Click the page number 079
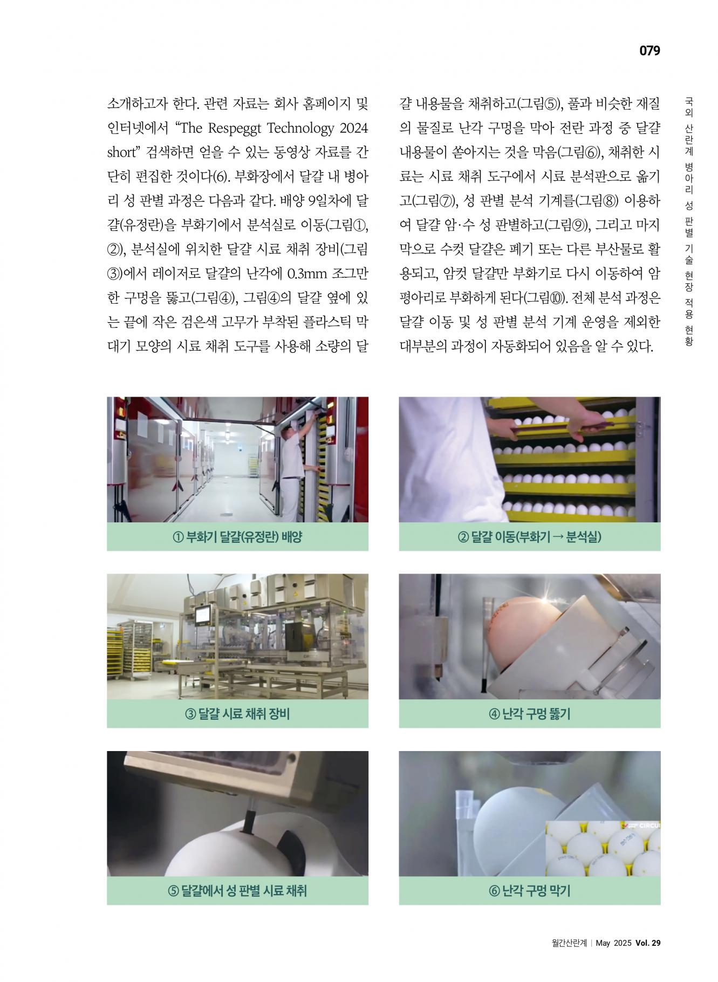(x=649, y=51)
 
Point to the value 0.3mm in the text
(x=307, y=274)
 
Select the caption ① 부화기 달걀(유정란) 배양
(x=237, y=537)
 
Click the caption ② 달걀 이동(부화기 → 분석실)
(x=529, y=537)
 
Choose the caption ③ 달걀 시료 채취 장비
(x=237, y=714)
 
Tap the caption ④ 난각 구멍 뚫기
(x=529, y=714)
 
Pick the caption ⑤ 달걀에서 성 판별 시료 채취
(x=237, y=891)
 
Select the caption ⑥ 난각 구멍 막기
(x=529, y=891)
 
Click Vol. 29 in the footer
(x=648, y=958)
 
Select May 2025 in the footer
(x=614, y=958)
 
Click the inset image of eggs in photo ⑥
(x=603, y=849)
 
